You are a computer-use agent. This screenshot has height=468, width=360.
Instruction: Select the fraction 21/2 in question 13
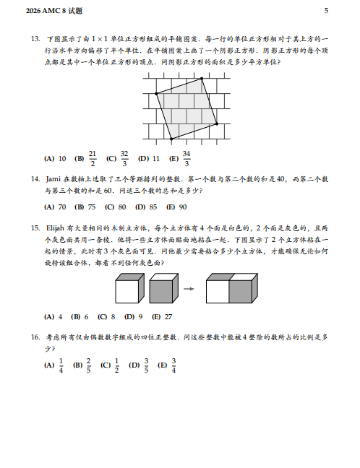click(x=92, y=157)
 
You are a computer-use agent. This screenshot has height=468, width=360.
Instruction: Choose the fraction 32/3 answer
click(x=124, y=157)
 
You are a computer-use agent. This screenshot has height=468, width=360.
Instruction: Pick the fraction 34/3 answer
click(x=187, y=157)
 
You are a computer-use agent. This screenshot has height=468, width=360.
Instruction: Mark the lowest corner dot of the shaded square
click(x=171, y=138)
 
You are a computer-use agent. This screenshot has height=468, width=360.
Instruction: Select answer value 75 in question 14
click(x=91, y=206)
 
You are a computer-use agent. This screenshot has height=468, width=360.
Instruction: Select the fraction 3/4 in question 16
click(x=174, y=366)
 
